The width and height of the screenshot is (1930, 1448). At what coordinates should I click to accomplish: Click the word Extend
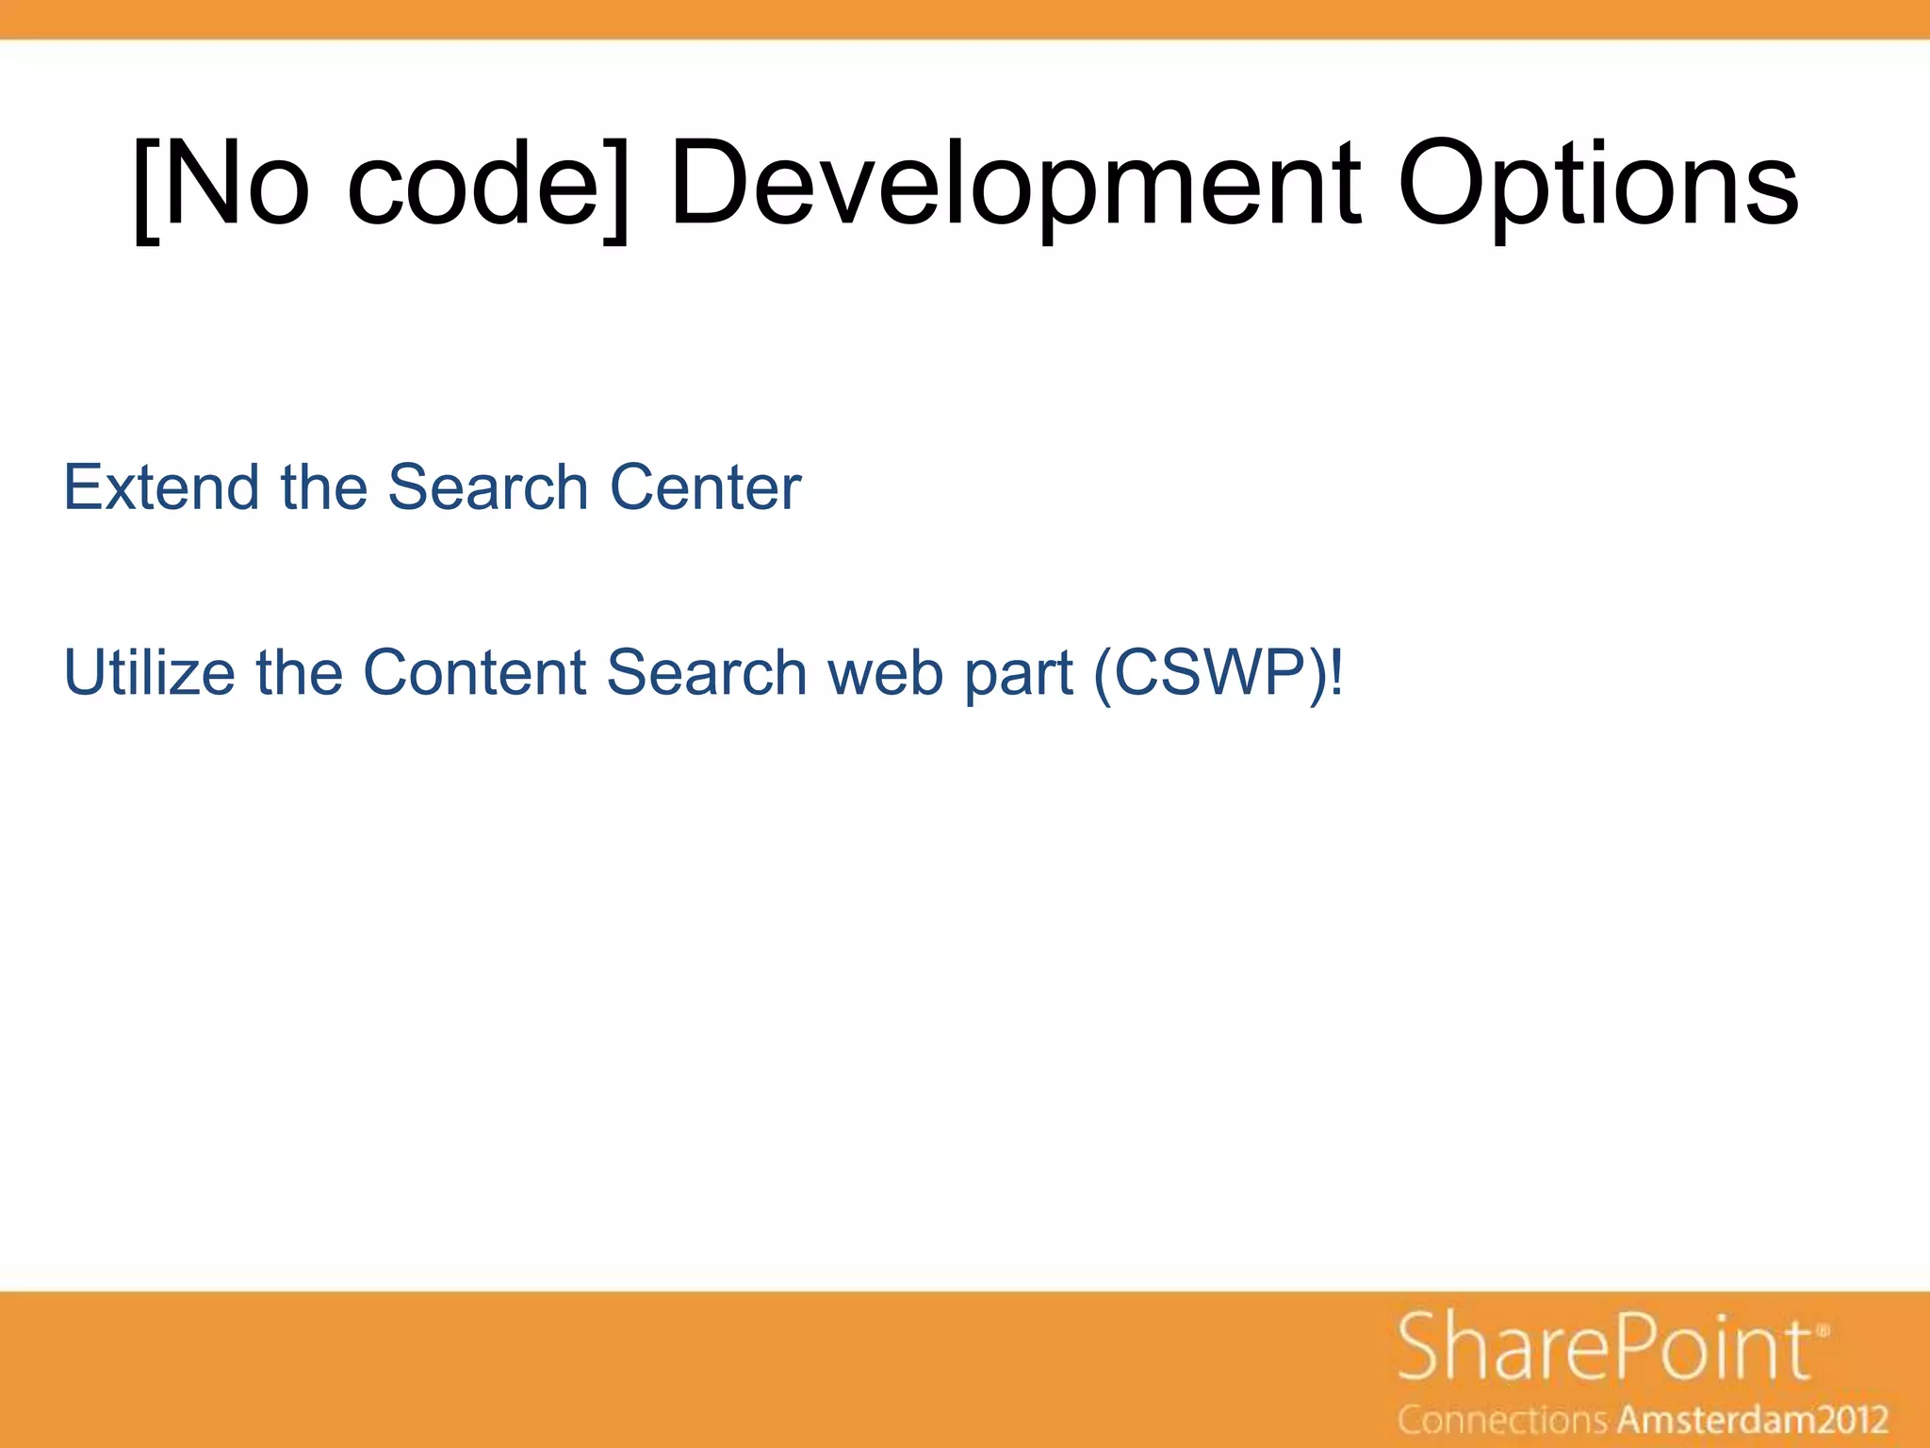[x=161, y=487]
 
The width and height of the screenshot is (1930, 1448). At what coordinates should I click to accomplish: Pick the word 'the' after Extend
[x=323, y=487]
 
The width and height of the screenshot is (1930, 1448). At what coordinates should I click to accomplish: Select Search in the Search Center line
[x=488, y=487]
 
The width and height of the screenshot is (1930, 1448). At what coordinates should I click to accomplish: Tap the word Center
[x=705, y=487]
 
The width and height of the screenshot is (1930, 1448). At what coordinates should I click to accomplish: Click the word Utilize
[x=149, y=672]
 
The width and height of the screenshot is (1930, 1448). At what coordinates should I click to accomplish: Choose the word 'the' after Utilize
[x=299, y=672]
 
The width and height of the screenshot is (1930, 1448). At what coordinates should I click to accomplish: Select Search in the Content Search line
[x=707, y=672]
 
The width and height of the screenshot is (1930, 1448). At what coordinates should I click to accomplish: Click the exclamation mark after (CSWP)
[x=1335, y=672]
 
